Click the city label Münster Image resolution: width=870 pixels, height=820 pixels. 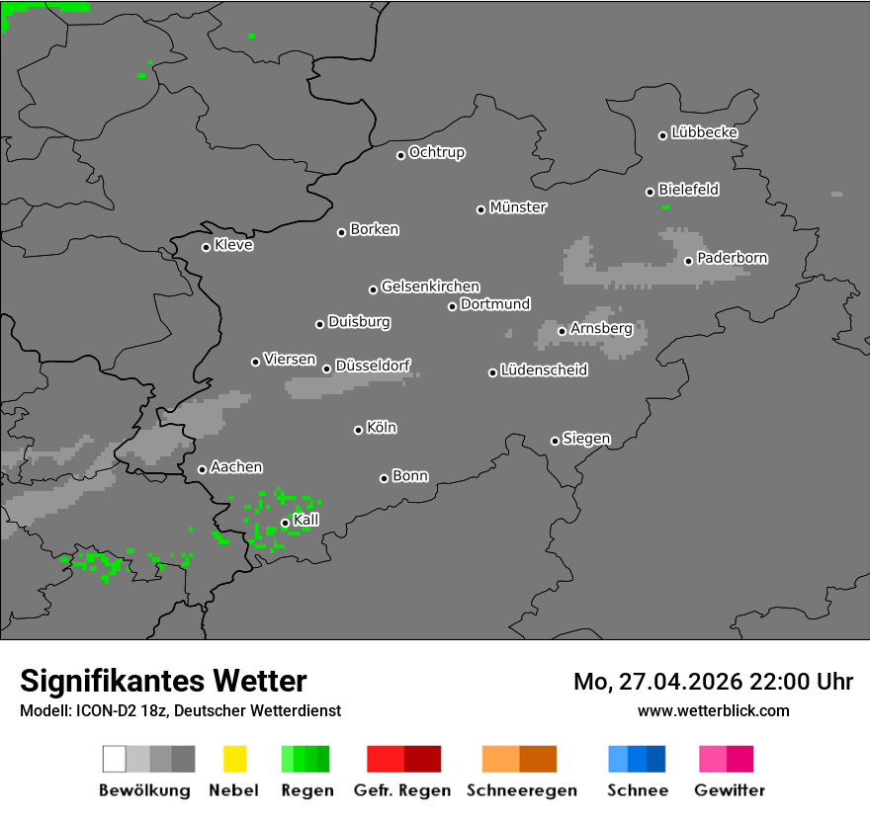coord(518,207)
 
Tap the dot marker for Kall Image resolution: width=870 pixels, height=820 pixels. coord(285,523)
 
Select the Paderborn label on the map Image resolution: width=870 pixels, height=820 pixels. coord(732,258)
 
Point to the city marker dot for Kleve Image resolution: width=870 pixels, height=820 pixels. coord(206,247)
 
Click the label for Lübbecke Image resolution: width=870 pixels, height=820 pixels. coord(704,132)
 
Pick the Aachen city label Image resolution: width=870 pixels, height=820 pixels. coord(236,467)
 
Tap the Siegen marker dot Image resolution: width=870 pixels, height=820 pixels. coord(555,441)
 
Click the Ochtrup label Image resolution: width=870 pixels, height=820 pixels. coord(437,152)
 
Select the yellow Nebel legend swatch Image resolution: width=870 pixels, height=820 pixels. coord(234,759)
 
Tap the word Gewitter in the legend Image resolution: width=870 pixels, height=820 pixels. coord(730,790)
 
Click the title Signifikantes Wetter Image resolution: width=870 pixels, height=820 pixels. coord(163,681)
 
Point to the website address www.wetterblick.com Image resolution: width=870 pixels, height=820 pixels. coord(713,710)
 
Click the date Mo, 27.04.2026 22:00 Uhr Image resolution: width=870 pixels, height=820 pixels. coord(713,682)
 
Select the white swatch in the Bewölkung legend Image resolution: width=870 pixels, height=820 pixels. coord(114,759)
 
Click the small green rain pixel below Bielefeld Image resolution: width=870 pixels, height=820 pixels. coord(665,206)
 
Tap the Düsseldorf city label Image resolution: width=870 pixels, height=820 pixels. coord(373,366)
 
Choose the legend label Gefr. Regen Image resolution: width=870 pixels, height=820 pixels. coord(402,790)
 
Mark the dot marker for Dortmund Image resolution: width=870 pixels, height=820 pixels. coord(452,306)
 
